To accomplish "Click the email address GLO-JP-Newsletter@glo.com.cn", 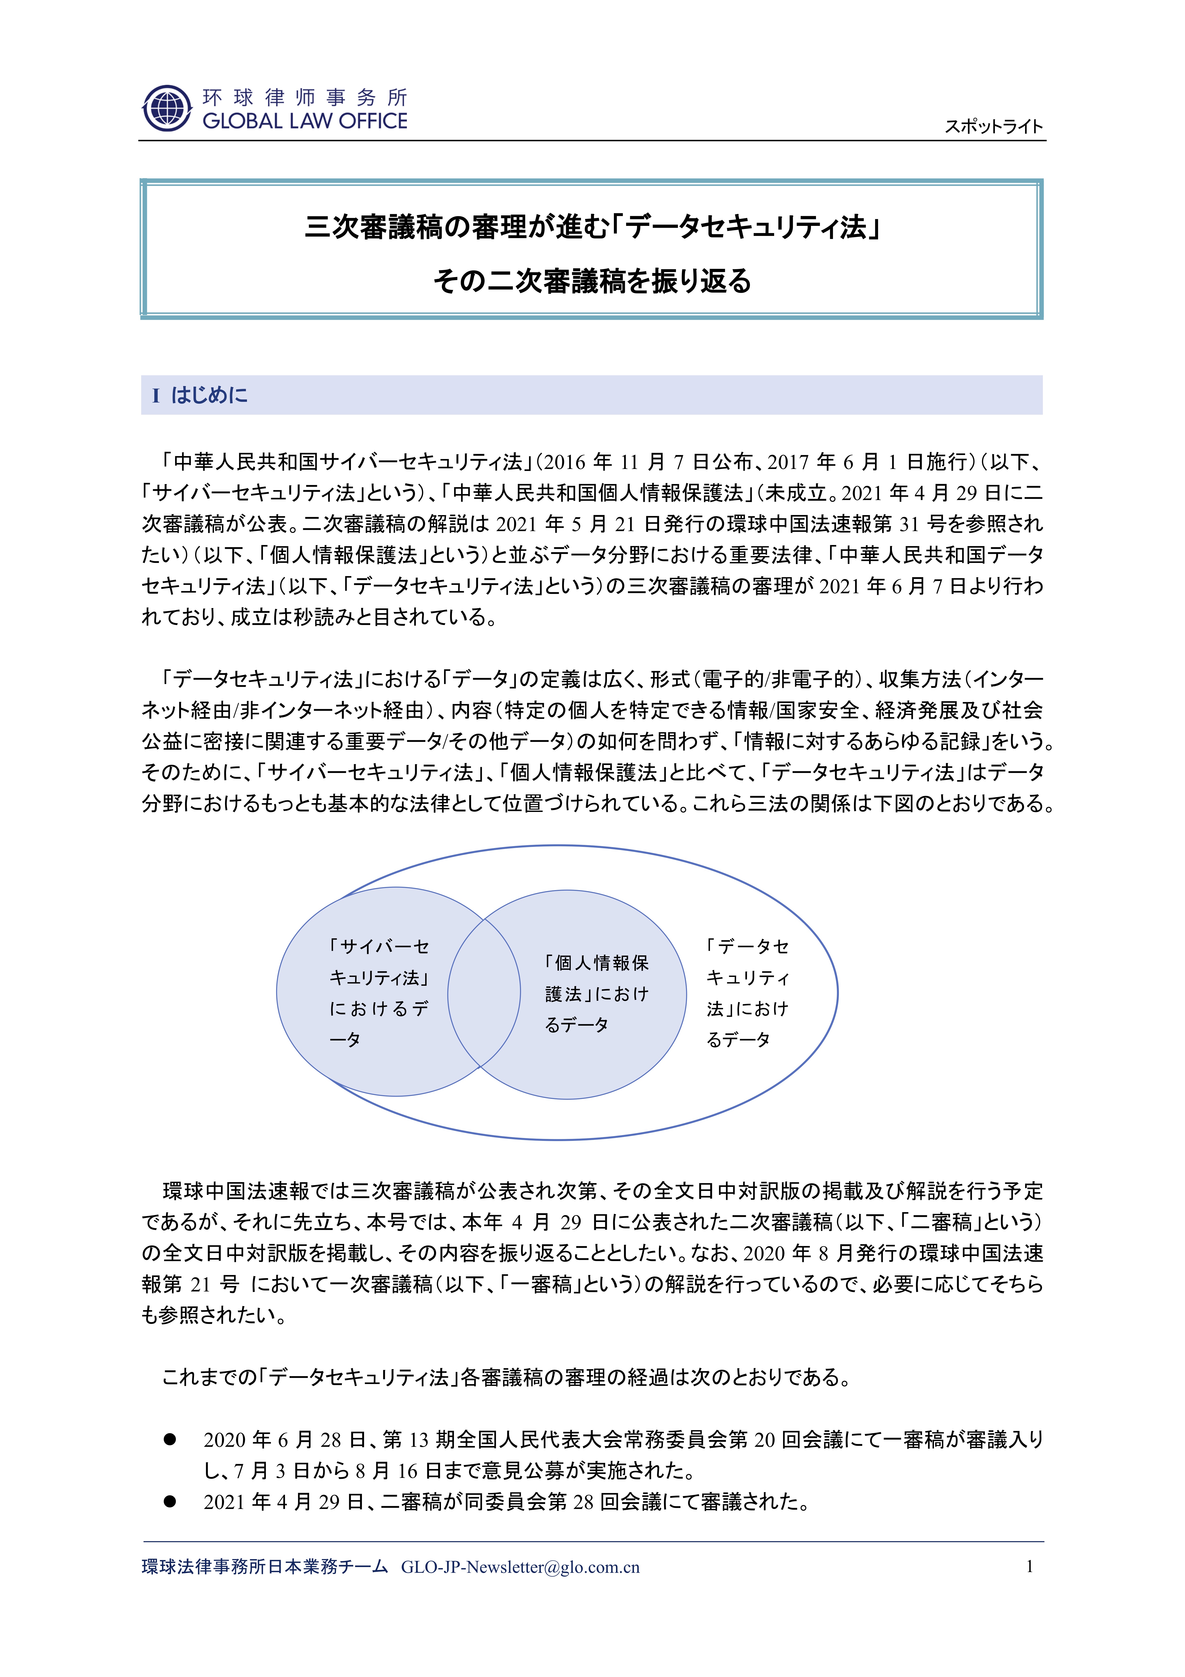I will click(x=520, y=1567).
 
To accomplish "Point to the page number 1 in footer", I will click(x=1030, y=1566).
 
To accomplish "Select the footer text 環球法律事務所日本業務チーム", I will click(x=264, y=1567).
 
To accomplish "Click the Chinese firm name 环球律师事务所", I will click(x=305, y=97).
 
